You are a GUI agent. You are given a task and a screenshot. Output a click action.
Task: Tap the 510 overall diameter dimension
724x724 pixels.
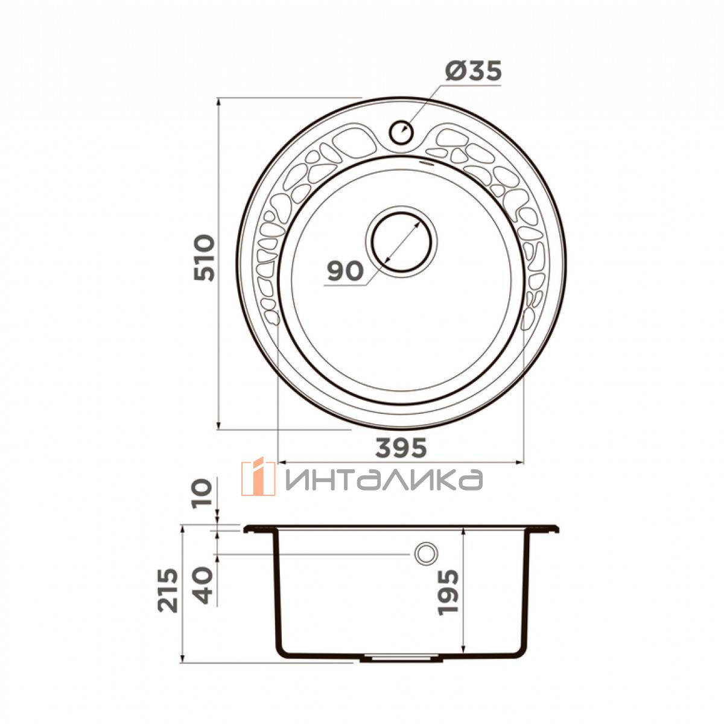(x=204, y=258)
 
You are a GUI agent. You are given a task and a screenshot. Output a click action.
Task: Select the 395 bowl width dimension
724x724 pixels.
(x=401, y=448)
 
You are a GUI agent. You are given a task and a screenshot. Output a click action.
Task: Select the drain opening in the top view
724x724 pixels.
(x=401, y=241)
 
